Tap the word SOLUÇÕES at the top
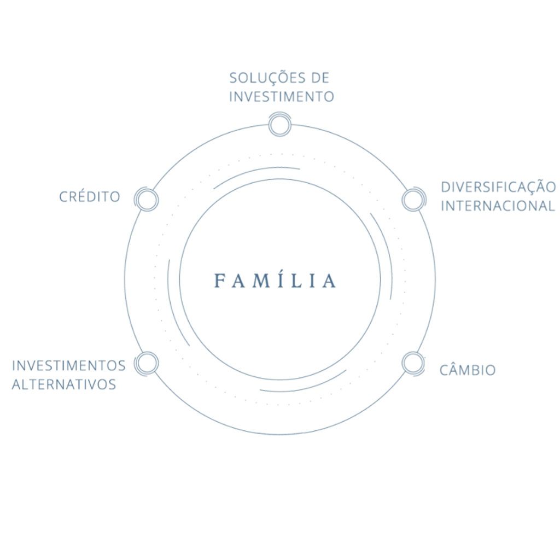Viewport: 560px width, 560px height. (268, 78)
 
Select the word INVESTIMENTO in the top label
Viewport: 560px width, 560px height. (282, 96)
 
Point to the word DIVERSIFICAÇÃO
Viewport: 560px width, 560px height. (499, 186)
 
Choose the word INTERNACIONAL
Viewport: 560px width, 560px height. (498, 206)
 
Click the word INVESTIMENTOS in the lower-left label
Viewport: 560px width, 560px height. (69, 366)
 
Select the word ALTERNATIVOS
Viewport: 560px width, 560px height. (64, 384)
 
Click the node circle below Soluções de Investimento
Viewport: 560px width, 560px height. (279, 125)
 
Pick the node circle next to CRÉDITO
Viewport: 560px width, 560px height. (147, 199)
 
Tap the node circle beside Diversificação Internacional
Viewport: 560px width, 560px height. (413, 199)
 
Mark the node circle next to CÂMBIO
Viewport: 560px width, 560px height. (413, 363)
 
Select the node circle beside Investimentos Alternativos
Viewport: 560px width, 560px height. (147, 363)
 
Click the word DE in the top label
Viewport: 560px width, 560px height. (320, 78)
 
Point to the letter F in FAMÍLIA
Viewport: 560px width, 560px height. (219, 281)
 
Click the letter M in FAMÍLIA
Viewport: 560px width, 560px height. (261, 281)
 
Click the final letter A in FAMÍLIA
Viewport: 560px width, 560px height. (329, 281)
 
